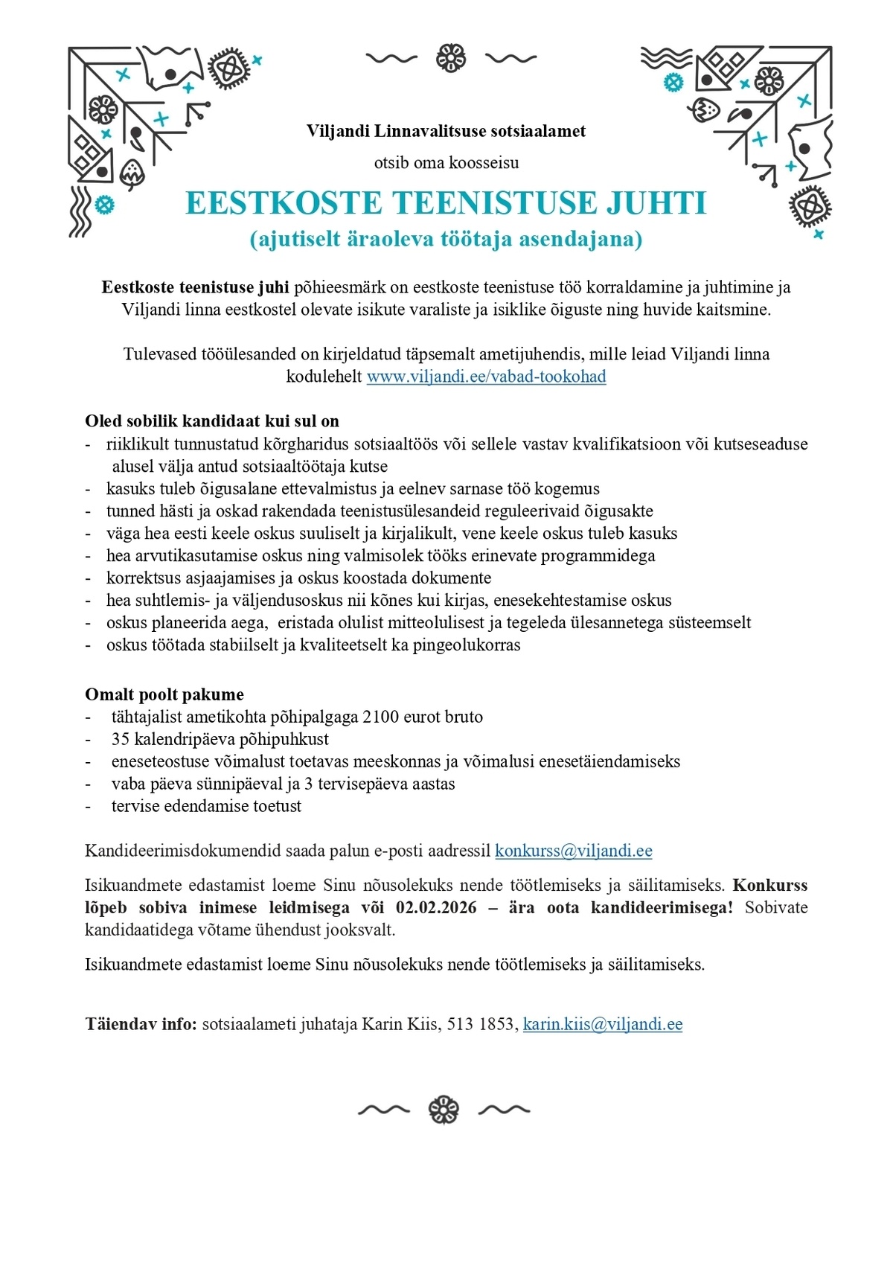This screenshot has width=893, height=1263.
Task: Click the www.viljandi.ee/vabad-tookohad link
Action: [486, 377]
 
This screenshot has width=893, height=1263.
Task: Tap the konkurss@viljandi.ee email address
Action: [573, 851]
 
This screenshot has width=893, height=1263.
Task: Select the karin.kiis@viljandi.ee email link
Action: [602, 1025]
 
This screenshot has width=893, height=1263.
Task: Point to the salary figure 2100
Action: [380, 717]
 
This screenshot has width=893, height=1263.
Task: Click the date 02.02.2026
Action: [436, 908]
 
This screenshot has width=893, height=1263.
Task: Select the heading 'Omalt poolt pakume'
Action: [164, 695]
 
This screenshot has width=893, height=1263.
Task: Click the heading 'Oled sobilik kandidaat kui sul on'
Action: [212, 421]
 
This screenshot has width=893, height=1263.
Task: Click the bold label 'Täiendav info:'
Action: [141, 1025]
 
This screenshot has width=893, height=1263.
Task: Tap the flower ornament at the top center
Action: [451, 58]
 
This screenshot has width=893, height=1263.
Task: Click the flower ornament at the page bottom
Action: [444, 1110]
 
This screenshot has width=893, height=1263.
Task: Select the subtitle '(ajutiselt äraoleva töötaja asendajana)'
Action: [446, 240]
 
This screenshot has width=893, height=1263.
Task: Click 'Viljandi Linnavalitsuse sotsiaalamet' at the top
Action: [446, 132]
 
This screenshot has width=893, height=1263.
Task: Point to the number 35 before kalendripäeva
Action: [121, 740]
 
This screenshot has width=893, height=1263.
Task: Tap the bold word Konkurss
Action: [769, 886]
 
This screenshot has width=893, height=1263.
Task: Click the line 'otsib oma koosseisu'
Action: [446, 163]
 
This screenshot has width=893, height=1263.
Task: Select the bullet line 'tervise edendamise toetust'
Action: [206, 807]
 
